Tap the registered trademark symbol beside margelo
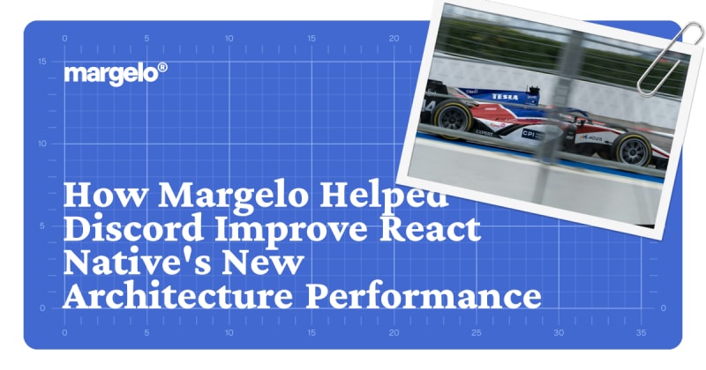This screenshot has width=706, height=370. pyautogui.click(x=162, y=68)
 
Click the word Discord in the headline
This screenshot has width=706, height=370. pyautogui.click(x=133, y=228)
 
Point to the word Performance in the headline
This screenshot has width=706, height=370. pyautogui.click(x=424, y=295)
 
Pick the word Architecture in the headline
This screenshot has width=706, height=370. pyautogui.click(x=178, y=295)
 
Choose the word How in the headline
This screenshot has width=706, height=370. pyautogui.click(x=106, y=194)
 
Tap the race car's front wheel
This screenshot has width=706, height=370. pyautogui.click(x=634, y=149)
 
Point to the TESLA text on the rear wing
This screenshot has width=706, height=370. pyautogui.click(x=505, y=97)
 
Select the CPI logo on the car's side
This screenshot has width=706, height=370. pyautogui.click(x=529, y=134)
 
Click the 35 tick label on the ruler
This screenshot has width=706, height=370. pyautogui.click(x=642, y=333)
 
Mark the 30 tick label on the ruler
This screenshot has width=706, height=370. pyautogui.click(x=559, y=333)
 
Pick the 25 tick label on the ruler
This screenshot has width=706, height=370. pyautogui.click(x=477, y=333)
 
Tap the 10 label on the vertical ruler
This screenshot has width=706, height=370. pyautogui.click(x=41, y=144)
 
